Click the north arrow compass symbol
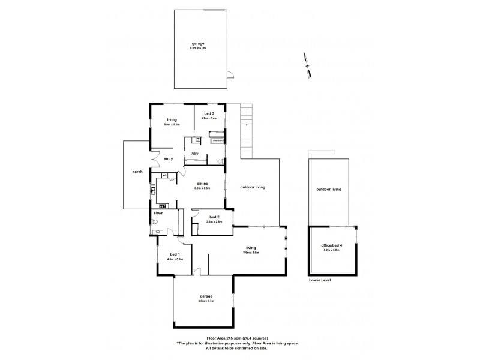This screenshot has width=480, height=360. click(308, 65)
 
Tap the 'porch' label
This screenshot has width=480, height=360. click(137, 173)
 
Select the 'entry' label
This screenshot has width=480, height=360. click(168, 158)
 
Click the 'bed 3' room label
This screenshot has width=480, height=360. click(208, 113)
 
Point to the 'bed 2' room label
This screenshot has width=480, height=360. click(214, 217)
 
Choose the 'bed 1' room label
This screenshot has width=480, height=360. click(175, 254)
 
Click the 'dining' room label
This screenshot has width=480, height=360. click(202, 184)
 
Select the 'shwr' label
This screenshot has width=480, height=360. click(158, 213)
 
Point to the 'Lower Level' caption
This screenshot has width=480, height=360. click(319, 280)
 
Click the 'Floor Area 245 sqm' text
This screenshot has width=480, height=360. click(237, 338)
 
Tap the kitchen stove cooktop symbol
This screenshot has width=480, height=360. click(154, 193)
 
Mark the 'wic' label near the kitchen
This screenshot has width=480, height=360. click(165, 175)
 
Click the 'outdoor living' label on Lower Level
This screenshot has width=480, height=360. click(328, 190)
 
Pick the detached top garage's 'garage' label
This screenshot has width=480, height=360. click(199, 43)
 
